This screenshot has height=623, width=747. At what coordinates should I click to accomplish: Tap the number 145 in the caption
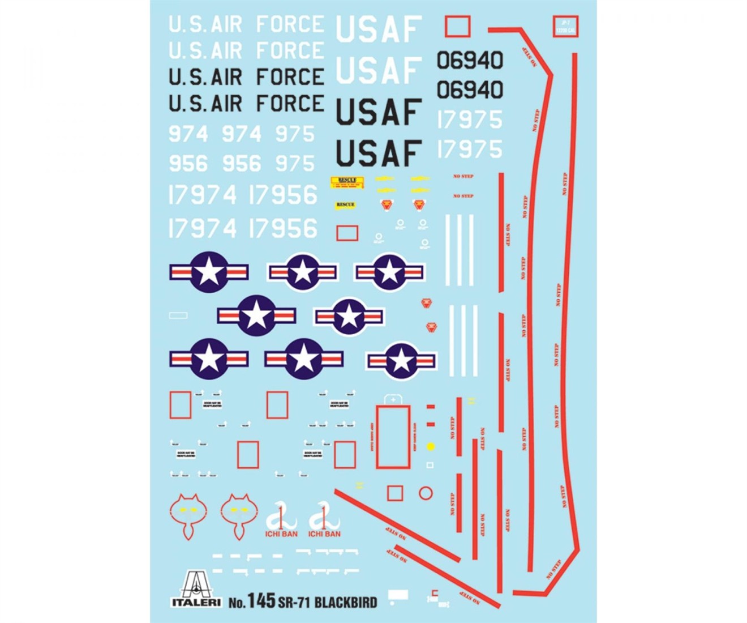260,600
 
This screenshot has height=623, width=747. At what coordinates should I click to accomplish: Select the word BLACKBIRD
345,601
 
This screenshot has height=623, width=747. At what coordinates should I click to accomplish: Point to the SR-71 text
294,601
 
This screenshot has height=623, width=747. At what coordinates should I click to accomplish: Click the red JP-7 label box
565,26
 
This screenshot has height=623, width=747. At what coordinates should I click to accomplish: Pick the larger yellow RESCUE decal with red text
347,182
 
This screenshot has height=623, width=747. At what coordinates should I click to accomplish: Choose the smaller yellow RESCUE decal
345,204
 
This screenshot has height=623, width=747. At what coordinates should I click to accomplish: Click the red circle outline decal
426,493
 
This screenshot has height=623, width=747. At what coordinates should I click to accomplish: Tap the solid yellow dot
431,446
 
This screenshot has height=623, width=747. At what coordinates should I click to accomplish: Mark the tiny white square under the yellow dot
430,465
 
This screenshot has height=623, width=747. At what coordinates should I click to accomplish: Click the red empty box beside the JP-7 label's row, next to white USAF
457,26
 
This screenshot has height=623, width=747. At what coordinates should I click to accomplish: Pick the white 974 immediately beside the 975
241,134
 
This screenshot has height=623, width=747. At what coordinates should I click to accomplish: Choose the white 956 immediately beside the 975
242,164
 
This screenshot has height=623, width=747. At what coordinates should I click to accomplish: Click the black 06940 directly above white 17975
470,89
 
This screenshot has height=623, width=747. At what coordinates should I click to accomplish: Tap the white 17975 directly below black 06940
470,120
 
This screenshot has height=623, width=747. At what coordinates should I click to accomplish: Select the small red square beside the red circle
395,493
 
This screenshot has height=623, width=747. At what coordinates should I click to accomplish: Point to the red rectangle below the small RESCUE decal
347,233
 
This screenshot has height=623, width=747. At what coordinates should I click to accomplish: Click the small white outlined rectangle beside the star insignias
178,315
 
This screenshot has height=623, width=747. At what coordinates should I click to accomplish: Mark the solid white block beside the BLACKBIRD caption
398,595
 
